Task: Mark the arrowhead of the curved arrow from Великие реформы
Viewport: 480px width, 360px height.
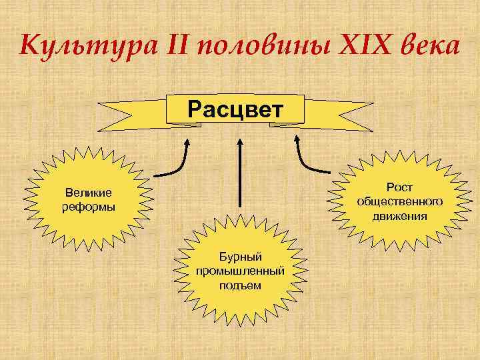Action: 187,142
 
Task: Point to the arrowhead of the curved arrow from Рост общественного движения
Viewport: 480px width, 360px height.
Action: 297,142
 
